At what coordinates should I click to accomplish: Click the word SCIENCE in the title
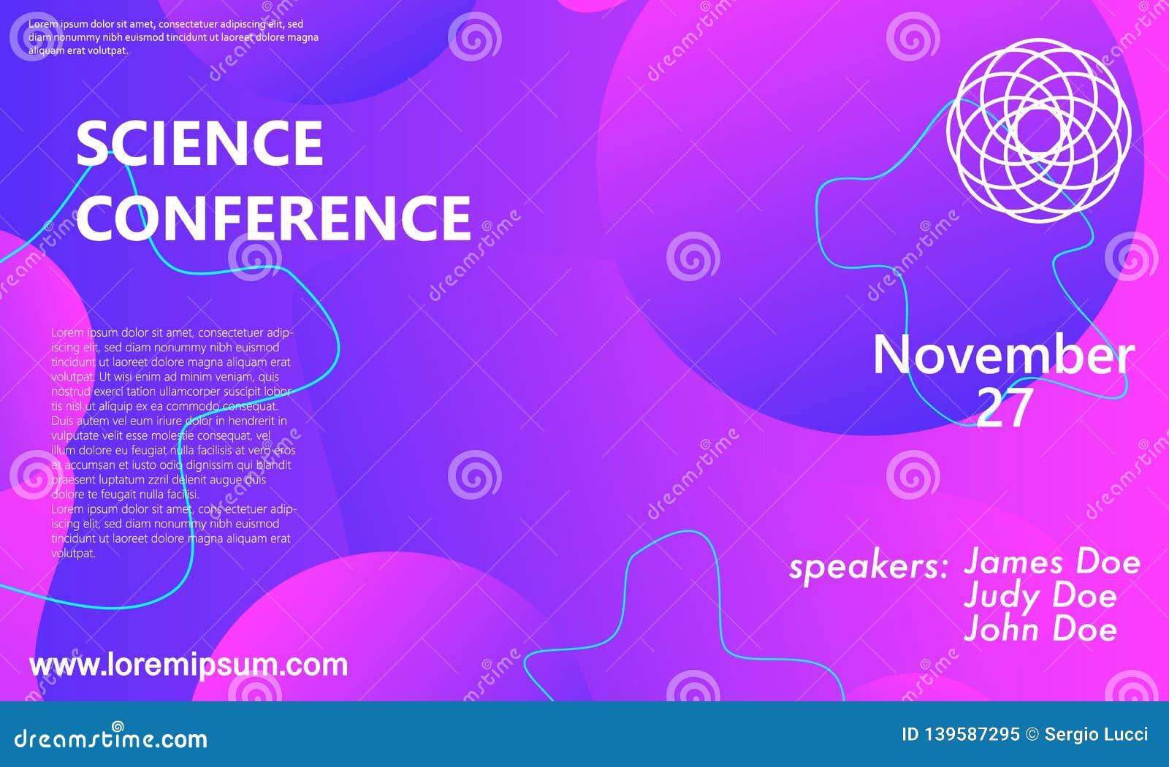199,143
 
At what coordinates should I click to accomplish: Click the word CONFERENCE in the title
274,217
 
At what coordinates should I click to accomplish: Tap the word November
1003,356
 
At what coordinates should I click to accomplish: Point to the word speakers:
868,567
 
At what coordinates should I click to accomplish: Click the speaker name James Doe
1052,562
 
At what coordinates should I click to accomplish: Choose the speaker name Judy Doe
1040,596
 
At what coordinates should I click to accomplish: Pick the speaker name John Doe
1040,629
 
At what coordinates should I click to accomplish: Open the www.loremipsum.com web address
189,665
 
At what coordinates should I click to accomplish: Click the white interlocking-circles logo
1038,131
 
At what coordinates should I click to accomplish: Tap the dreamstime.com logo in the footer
111,738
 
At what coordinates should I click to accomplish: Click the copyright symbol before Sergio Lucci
1032,735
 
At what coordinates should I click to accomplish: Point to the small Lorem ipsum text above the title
173,37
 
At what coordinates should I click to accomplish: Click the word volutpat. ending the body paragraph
74,554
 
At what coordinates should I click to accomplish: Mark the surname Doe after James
1108,562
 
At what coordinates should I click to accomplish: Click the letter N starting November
895,356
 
